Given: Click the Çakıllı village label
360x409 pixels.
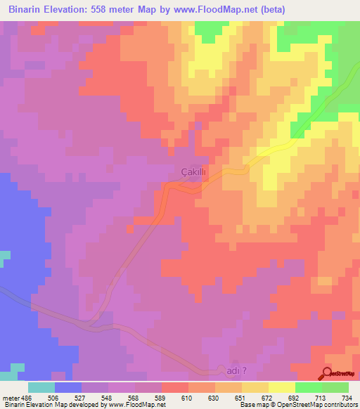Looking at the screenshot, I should tap(191, 171).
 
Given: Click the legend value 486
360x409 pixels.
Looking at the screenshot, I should tap(25, 397).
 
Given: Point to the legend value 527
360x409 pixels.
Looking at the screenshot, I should tap(82, 397).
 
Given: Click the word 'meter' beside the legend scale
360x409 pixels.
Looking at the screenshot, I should tap(10, 397).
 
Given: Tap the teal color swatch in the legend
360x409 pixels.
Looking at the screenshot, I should tap(41, 387).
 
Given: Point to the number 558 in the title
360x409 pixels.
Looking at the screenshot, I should tap(112, 10).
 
